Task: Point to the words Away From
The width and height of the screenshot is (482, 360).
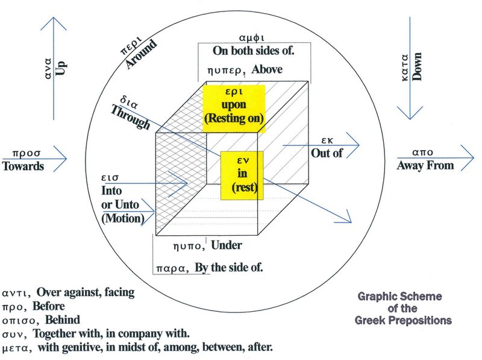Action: (x=425, y=164)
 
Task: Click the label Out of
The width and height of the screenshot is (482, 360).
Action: (x=327, y=153)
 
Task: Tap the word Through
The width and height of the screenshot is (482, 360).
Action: (x=130, y=118)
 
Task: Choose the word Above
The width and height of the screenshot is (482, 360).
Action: (x=267, y=69)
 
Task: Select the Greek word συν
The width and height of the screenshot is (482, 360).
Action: (x=15, y=333)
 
